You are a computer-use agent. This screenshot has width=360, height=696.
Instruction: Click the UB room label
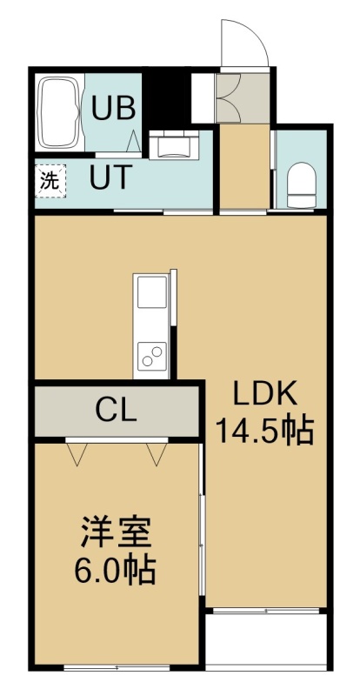pos(113,108)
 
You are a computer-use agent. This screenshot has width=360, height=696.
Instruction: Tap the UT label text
pos(111,177)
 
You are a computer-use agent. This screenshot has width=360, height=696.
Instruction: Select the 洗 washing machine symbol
pos(50,180)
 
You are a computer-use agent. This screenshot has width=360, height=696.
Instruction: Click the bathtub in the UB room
pos(60,113)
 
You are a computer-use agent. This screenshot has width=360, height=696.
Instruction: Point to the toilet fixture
pos(301,184)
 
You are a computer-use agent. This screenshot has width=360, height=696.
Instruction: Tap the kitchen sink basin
pos(152,291)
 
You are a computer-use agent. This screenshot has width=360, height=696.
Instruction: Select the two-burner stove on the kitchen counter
pos(152,357)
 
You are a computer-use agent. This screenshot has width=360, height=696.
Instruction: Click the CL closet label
pos(116,411)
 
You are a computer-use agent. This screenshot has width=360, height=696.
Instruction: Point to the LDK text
pos(265,394)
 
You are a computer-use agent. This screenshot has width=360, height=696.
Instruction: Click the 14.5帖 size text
pos(264,430)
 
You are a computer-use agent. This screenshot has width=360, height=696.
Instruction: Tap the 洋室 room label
pos(116,532)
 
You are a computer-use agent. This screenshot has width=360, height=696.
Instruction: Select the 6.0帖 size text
pos(115,571)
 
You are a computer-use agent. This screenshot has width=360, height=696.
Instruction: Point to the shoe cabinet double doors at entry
pos(228,97)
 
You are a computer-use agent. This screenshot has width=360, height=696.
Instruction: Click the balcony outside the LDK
pos(266,639)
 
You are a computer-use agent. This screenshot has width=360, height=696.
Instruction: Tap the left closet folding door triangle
pos(77,453)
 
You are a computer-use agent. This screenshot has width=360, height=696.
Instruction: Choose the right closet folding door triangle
pos(157,453)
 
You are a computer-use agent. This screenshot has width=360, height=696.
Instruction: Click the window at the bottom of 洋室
pos(117,667)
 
